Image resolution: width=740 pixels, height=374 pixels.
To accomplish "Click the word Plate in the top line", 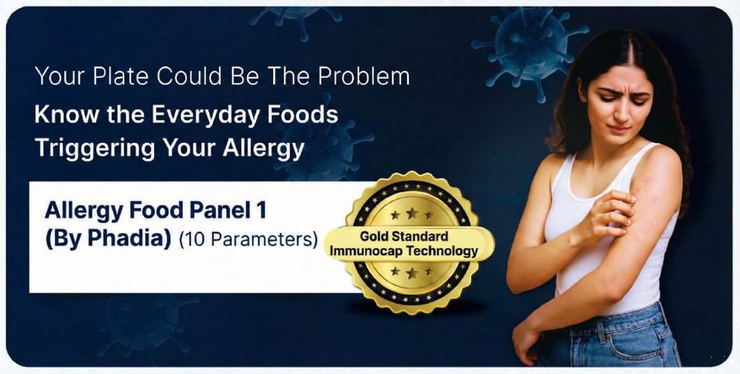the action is click(120, 76).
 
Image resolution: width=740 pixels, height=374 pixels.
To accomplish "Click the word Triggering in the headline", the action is click(95, 148).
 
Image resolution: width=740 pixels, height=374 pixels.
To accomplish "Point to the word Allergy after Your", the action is click(263, 148).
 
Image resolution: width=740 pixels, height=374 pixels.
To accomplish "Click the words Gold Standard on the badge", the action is click(404, 237).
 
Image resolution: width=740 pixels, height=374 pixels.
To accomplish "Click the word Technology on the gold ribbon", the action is click(442, 251).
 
